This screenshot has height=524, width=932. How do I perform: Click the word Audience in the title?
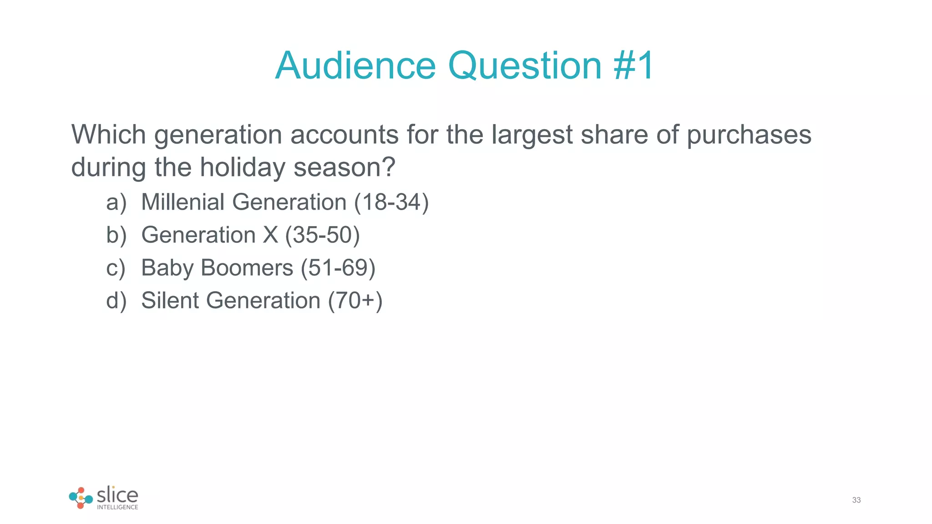(355, 65)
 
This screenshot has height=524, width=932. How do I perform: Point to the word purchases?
(749, 136)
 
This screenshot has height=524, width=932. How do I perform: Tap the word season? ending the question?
(344, 167)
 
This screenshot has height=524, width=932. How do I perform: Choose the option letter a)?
(116, 202)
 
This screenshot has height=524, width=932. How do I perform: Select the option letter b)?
(116, 235)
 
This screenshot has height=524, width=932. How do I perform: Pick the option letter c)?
(116, 268)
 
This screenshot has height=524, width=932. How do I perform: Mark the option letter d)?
(116, 301)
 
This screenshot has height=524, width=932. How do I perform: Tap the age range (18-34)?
(391, 202)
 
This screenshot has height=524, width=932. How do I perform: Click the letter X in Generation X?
(270, 235)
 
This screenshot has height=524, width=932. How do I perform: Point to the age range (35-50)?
(322, 235)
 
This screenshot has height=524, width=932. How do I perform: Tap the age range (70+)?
(355, 301)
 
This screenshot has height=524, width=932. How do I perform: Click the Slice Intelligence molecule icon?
(81, 498)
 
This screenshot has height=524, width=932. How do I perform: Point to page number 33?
(856, 500)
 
